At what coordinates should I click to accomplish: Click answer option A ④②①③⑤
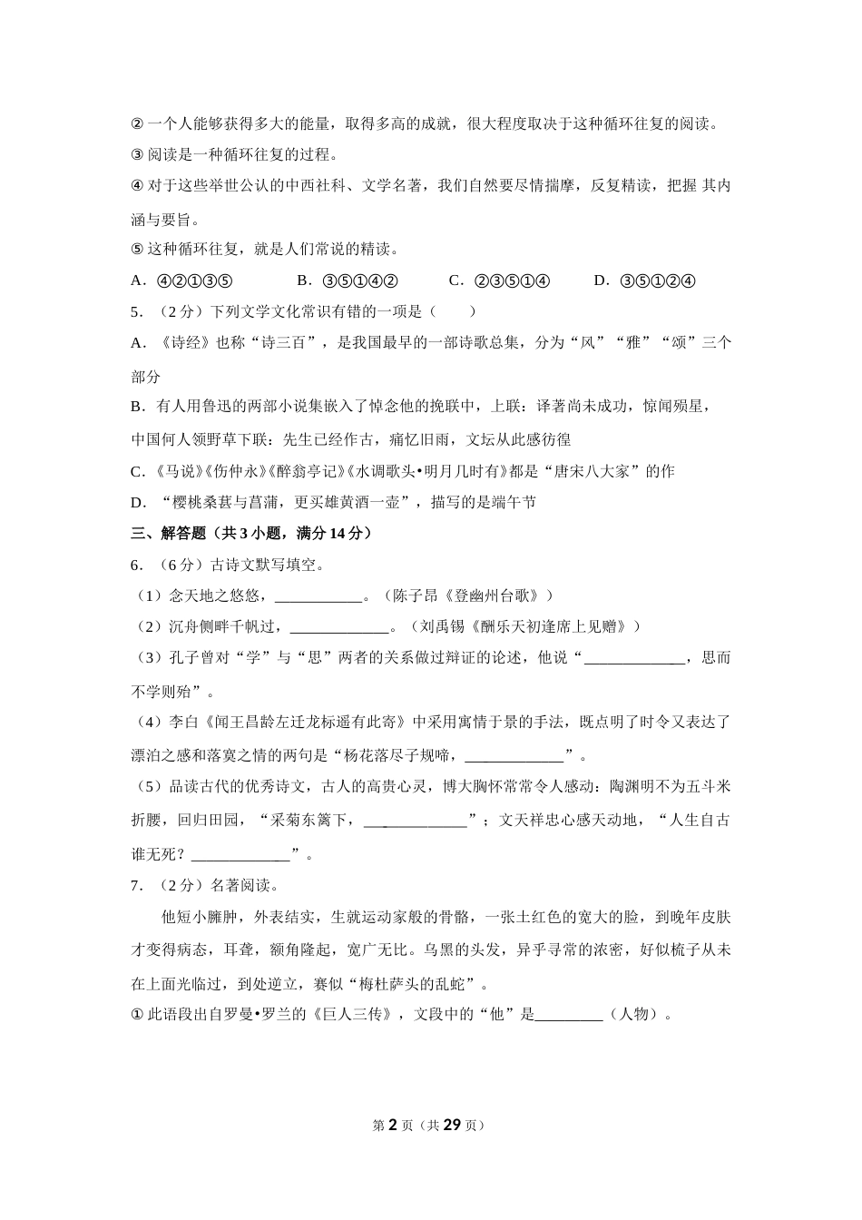pyautogui.click(x=182, y=280)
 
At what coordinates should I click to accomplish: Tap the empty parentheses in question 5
pyautogui.click(x=453, y=312)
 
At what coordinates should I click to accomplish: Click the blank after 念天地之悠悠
pyautogui.click(x=318, y=596)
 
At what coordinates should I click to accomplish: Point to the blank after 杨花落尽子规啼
pyautogui.click(x=514, y=755)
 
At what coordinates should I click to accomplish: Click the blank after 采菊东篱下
pyautogui.click(x=416, y=821)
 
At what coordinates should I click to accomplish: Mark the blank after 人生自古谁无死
pyautogui.click(x=240, y=854)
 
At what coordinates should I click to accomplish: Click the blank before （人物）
pyautogui.click(x=569, y=1015)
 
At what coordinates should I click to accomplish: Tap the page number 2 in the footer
pyautogui.click(x=393, y=1126)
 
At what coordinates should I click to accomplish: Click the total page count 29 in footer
pyautogui.click(x=453, y=1126)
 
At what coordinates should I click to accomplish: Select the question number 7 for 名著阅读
pyautogui.click(x=136, y=886)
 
